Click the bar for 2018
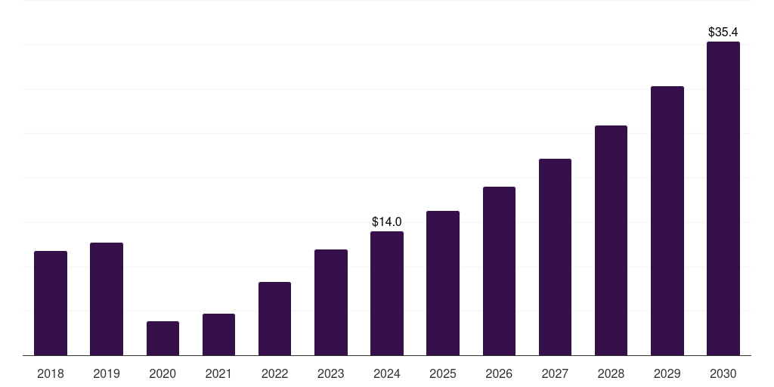(51, 303)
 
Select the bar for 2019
(107, 299)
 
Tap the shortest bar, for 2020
(163, 338)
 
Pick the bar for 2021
(218, 334)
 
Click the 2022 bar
(274, 318)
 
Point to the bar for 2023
(331, 302)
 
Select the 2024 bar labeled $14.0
(387, 293)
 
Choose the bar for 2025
(443, 283)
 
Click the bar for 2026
(499, 271)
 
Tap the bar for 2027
(555, 257)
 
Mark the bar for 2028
(611, 240)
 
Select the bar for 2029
(667, 221)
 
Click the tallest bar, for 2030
(723, 198)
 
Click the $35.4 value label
(723, 33)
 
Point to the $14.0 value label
(387, 222)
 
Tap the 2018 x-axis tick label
(51, 373)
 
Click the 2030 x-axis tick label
(723, 373)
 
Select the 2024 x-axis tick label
(387, 373)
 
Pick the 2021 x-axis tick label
(218, 373)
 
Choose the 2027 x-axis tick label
(555, 373)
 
